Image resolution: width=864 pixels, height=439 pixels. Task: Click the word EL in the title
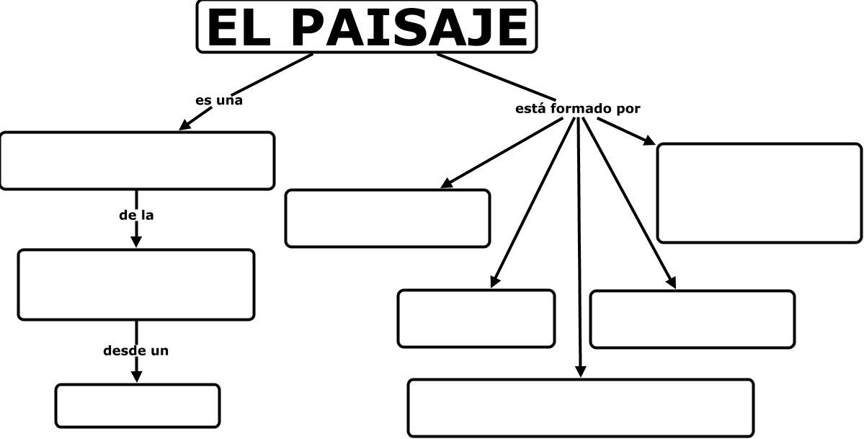click(x=241, y=27)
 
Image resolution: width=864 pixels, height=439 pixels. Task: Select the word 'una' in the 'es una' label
click(x=229, y=100)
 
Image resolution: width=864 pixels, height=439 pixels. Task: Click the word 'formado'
click(x=582, y=109)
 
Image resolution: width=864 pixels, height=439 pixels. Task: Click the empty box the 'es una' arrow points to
click(x=137, y=161)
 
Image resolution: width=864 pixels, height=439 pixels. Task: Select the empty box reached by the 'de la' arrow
click(x=136, y=284)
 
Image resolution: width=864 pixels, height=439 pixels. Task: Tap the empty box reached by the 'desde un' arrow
click(x=138, y=405)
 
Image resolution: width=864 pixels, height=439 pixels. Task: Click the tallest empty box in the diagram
click(x=759, y=192)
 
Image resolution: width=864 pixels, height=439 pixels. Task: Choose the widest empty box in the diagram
click(x=581, y=407)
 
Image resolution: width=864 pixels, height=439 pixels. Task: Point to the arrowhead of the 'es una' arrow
click(x=184, y=125)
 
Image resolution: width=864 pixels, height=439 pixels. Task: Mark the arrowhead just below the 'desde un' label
click(x=136, y=376)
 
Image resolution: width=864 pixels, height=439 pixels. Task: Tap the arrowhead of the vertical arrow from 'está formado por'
click(x=581, y=371)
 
